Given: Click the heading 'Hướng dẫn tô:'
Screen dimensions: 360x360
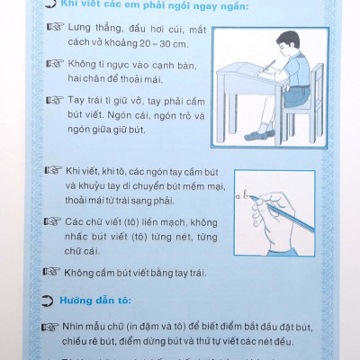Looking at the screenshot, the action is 95,301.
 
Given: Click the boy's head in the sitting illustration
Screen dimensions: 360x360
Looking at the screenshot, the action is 289,43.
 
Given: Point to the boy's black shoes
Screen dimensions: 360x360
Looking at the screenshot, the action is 259,135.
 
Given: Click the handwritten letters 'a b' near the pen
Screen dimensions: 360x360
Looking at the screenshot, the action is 242,196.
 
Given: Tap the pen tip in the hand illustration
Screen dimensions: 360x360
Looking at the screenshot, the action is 251,197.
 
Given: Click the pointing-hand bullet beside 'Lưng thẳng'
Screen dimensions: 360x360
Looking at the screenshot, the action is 56,27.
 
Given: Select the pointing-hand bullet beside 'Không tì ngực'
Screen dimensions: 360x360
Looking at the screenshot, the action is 55,64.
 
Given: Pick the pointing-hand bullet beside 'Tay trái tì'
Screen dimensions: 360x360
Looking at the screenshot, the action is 55,100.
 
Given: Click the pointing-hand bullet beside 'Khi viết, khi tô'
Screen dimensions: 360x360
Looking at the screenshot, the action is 53,171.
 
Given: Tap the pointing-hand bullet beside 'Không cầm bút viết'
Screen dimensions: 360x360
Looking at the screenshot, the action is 51,272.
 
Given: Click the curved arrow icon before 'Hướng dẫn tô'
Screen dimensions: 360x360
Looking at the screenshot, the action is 47,301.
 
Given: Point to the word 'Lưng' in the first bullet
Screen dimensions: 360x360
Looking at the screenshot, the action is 79,28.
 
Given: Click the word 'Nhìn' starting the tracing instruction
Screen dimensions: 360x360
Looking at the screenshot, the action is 72,327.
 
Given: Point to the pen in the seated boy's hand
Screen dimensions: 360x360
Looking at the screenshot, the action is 269,66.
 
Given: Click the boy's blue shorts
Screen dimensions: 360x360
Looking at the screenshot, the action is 296,94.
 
